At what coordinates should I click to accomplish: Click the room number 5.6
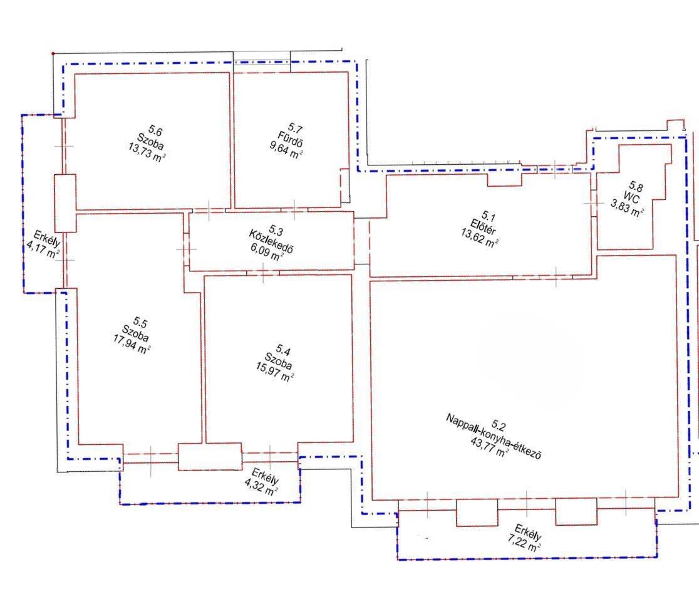pyautogui.click(x=155, y=131)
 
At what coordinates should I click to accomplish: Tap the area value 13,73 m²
pyautogui.click(x=147, y=152)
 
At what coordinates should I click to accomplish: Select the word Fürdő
pyautogui.click(x=290, y=138)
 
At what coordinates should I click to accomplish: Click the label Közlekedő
pyautogui.click(x=271, y=241)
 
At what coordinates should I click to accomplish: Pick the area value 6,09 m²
pyautogui.click(x=267, y=253)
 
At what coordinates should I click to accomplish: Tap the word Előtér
pyautogui.click(x=483, y=227)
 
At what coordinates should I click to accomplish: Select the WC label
pyautogui.click(x=631, y=197)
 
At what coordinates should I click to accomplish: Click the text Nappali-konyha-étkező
pyautogui.click(x=494, y=436)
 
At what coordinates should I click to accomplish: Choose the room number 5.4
pyautogui.click(x=283, y=349)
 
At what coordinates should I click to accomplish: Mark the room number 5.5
pyautogui.click(x=140, y=323)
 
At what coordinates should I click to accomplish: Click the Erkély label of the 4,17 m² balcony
pyautogui.click(x=47, y=238)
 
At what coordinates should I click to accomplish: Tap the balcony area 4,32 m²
pyautogui.click(x=262, y=486)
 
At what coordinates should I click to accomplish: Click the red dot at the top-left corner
pyautogui.click(x=53, y=53)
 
